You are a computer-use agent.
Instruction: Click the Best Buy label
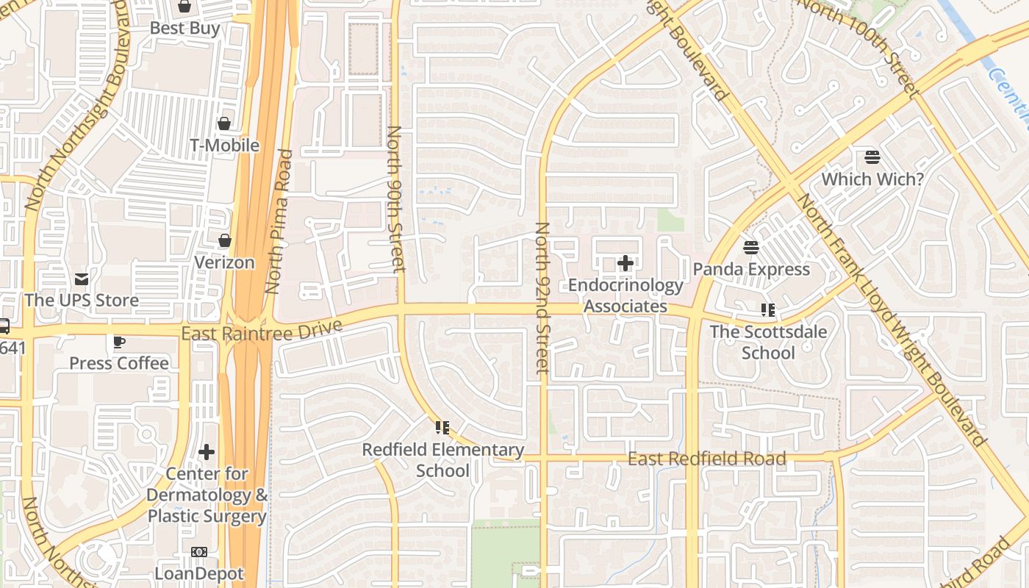(x=184, y=29)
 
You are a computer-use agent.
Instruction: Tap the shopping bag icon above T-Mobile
(x=224, y=123)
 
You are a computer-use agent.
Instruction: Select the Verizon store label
(x=224, y=262)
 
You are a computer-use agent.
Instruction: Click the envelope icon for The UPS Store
(x=82, y=279)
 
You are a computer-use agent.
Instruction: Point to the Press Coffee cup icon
(x=118, y=342)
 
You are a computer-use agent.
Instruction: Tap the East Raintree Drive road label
(x=262, y=330)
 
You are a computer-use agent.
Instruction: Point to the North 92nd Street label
(x=542, y=298)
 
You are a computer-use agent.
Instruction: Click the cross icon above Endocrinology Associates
(x=625, y=263)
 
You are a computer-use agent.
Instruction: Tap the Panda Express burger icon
(x=750, y=248)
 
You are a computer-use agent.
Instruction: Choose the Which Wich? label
(x=872, y=179)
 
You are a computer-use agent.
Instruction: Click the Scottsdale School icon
(x=768, y=310)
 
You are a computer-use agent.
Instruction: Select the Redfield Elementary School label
(x=443, y=459)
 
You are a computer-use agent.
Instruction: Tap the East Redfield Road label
(x=706, y=459)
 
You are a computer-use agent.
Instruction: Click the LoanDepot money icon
(x=198, y=552)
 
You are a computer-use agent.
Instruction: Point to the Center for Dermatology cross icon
(x=207, y=452)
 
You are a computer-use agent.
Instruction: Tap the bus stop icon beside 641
(x=4, y=326)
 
